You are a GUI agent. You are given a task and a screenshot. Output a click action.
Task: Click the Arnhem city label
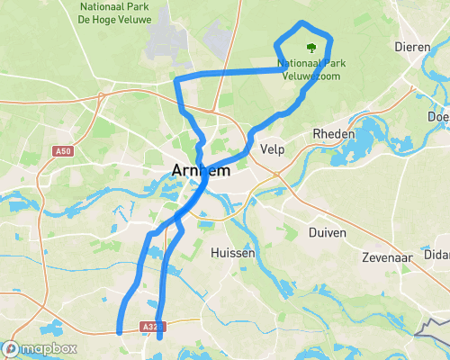point(201,169)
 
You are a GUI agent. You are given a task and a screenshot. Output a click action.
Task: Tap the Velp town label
point(272,148)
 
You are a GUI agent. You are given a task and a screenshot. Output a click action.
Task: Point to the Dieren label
point(409,46)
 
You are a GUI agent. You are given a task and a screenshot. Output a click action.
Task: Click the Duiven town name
point(328,231)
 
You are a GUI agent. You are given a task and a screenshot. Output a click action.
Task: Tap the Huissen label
point(233,254)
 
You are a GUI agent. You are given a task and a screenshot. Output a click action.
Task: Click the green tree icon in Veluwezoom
point(311,48)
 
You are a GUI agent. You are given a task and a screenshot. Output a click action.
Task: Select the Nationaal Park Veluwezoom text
point(311,70)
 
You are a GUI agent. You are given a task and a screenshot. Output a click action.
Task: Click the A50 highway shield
point(63,151)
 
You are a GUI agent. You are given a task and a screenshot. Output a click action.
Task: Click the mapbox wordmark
point(49,348)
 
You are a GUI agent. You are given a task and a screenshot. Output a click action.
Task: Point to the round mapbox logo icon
point(11,348)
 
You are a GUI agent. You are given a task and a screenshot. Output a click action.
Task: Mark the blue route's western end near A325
point(120,331)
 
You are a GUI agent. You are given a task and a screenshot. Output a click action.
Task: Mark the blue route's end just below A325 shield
point(159,338)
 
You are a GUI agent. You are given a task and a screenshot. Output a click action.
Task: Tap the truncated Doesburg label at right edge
point(439,116)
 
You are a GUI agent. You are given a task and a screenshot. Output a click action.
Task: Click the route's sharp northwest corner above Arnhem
point(177,79)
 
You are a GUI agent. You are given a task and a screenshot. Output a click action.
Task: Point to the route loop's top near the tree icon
point(304,24)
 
